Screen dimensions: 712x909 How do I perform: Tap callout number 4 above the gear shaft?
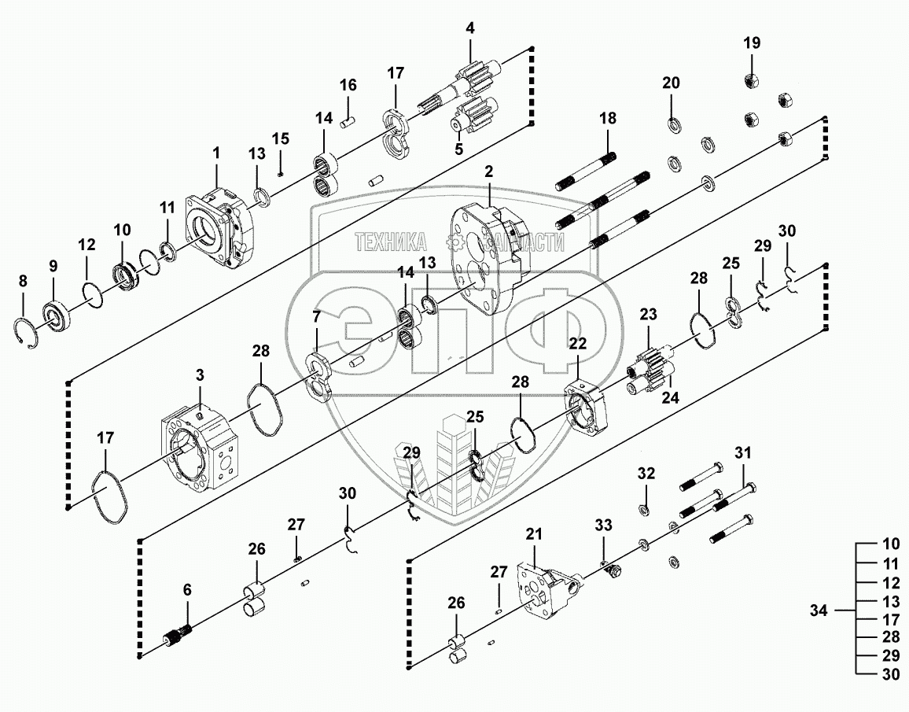pos(470,29)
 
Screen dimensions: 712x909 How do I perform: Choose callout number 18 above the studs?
pos(608,119)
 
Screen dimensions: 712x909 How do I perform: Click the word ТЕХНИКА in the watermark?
pos(390,242)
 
